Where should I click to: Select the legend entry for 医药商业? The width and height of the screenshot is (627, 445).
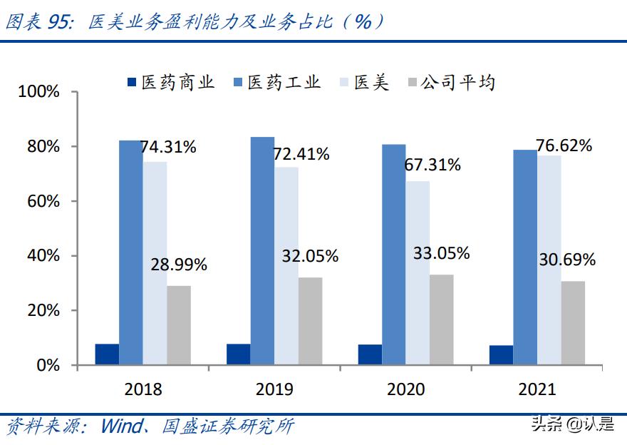[171, 83]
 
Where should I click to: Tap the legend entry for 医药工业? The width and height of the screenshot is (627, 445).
[277, 83]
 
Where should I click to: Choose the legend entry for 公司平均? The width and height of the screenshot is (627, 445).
[450, 83]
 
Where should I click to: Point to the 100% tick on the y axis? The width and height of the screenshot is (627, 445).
[39, 92]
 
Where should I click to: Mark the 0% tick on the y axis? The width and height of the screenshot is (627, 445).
[47, 365]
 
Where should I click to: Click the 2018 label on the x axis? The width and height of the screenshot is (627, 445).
[143, 389]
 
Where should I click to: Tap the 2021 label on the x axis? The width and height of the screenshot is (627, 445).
[537, 389]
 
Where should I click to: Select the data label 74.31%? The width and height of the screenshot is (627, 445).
[168, 148]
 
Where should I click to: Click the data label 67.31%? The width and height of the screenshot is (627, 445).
[432, 165]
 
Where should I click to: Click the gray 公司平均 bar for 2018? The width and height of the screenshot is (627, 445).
[179, 325]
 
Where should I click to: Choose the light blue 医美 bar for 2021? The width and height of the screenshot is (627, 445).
[549, 260]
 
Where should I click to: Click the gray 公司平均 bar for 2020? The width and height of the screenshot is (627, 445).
[441, 319]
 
